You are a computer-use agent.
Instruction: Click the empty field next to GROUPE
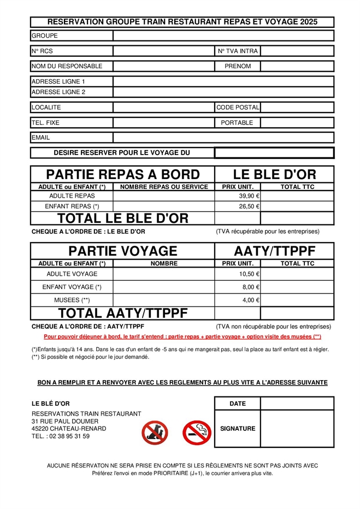pyautogui.click(x=223, y=36)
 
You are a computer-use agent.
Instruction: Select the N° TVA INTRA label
pyautogui.click(x=238, y=51)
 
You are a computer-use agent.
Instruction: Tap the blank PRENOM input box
pyautogui.click(x=297, y=67)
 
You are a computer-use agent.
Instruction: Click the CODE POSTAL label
pyautogui.click(x=238, y=108)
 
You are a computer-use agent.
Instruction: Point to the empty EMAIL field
pyautogui.click(x=223, y=138)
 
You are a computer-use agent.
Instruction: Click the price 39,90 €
pyautogui.click(x=249, y=196)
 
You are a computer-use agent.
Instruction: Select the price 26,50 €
pyautogui.click(x=249, y=206)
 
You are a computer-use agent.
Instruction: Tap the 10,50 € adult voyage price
pyautogui.click(x=249, y=274)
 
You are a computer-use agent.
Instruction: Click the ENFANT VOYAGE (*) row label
pyautogui.click(x=72, y=287)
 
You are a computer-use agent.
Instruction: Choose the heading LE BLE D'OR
pyautogui.click(x=274, y=175)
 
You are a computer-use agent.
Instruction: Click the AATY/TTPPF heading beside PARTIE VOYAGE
pyautogui.click(x=274, y=251)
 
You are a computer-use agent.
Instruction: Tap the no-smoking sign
pyautogui.click(x=197, y=432)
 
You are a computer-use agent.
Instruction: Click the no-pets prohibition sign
pyautogui.click(x=155, y=432)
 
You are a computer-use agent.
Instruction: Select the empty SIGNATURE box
pyautogui.click(x=297, y=429)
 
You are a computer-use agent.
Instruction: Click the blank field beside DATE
pyautogui.click(x=297, y=404)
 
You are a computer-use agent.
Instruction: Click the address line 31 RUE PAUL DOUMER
pyautogui.click(x=65, y=421)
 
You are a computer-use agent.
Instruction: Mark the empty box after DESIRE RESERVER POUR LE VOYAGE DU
pyautogui.click(x=274, y=153)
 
